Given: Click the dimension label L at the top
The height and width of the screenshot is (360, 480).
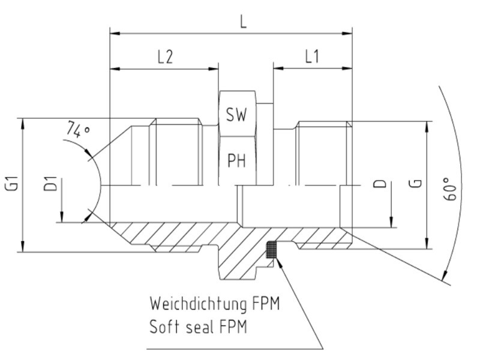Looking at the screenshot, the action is coord(243,22).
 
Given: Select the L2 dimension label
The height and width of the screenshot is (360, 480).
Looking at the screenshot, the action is coord(166,57).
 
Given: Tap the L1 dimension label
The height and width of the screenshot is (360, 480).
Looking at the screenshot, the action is coord(312,56).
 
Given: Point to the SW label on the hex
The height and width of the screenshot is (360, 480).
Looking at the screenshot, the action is coord(236,115).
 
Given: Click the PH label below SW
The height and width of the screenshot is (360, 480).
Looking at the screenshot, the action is coord(236,160).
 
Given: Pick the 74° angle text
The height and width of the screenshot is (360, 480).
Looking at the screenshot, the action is coord(79,130).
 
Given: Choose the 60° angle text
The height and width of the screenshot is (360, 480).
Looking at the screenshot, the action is coord(449,189).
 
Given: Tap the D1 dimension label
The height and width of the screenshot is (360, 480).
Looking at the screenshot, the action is coord(50,184).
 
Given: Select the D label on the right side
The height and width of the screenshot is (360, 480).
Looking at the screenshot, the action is coord(380,184).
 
